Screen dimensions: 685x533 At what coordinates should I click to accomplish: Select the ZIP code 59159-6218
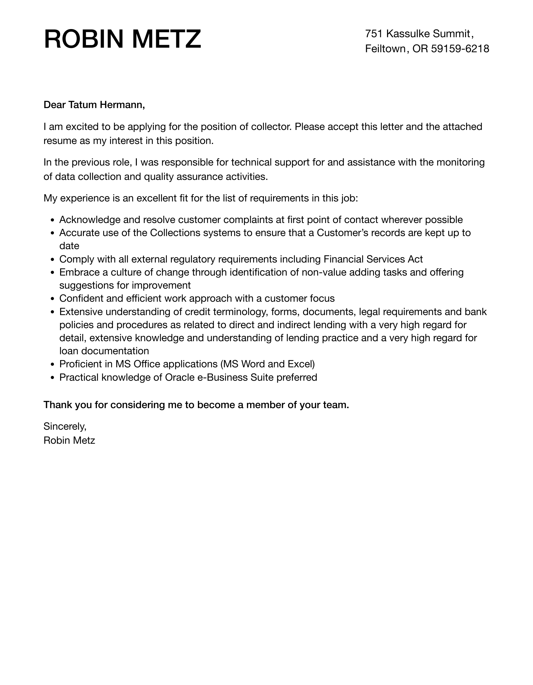pyautogui.click(x=460, y=49)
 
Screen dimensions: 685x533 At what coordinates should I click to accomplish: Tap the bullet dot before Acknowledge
pyautogui.click(x=53, y=220)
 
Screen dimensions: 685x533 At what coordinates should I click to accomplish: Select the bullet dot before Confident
pyautogui.click(x=53, y=299)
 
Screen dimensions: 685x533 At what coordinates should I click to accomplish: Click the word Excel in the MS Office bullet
pyautogui.click(x=301, y=364)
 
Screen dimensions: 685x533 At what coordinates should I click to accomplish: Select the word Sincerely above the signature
pyautogui.click(x=65, y=426)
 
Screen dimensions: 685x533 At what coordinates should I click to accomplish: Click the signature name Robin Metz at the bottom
pyautogui.click(x=69, y=440)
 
